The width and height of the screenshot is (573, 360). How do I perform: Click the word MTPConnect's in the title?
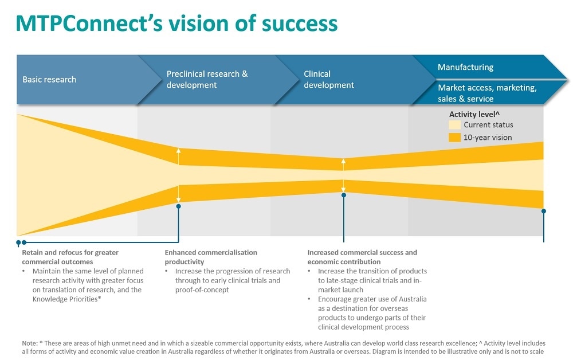tap(81, 23)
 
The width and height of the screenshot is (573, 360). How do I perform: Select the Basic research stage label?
tap(49, 80)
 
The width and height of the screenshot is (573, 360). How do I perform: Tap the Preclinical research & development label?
tap(207, 80)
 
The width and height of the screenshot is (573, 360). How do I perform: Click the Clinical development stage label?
tap(329, 80)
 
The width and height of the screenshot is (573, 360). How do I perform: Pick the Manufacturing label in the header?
tap(465, 67)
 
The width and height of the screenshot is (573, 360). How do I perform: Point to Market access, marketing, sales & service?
tap(487, 93)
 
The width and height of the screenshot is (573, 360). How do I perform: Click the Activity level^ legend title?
tap(474, 115)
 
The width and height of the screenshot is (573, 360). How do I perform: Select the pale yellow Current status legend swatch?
tap(454, 125)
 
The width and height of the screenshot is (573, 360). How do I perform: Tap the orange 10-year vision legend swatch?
tap(454, 138)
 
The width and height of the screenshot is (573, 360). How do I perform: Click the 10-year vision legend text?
tap(488, 138)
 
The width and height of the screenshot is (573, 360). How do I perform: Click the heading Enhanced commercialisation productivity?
tap(211, 257)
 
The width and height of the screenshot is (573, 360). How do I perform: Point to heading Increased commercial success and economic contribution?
tap(362, 257)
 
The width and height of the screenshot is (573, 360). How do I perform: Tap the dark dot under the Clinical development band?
tap(344, 195)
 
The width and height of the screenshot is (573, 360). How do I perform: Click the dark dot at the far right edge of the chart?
tap(543, 211)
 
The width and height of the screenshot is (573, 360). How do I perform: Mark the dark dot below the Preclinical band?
tap(179, 206)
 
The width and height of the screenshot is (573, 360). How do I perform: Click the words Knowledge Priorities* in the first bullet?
tap(67, 299)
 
